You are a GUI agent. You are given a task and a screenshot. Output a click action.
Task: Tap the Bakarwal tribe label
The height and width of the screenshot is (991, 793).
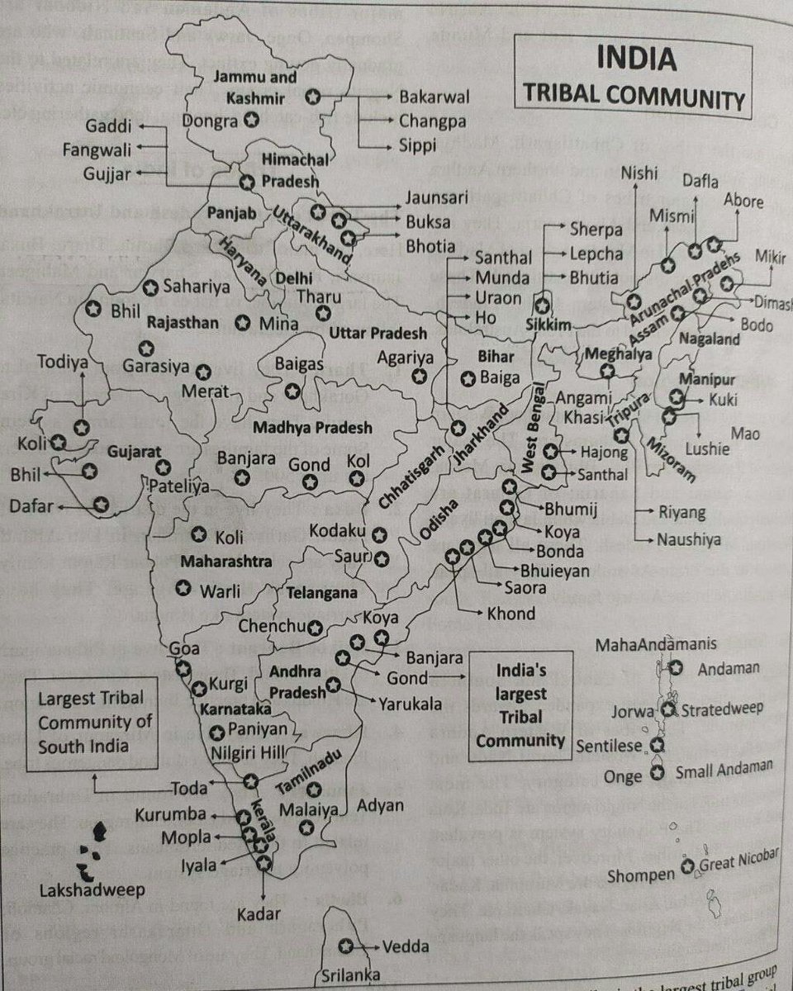pyautogui.click(x=434, y=97)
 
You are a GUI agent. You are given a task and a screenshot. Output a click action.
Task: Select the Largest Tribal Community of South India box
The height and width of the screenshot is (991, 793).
pyautogui.click(x=84, y=722)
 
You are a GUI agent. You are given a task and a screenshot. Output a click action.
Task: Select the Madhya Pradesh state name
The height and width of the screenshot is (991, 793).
pyautogui.click(x=312, y=429)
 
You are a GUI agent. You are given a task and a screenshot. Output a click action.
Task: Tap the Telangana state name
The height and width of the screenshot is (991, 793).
pyautogui.click(x=322, y=593)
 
